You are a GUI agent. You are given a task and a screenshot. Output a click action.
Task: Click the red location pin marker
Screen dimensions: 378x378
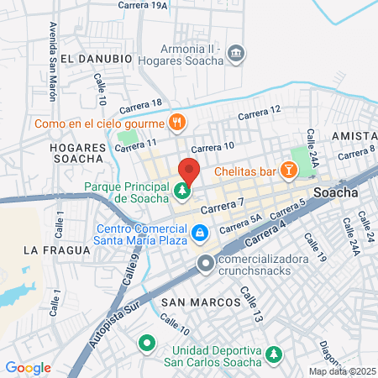coord(188,171)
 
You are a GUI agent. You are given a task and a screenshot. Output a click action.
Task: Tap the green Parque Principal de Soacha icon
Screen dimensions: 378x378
coord(182,192)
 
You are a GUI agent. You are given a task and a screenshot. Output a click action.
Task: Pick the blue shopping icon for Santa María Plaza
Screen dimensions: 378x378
coord(199,232)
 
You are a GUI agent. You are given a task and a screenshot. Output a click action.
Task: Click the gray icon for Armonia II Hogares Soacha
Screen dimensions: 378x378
coord(236,55)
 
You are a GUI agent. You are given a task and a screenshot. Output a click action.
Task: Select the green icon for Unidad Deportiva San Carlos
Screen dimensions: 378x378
coord(271,356)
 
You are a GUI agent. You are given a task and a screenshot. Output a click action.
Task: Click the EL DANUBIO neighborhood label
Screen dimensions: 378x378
coord(97,59)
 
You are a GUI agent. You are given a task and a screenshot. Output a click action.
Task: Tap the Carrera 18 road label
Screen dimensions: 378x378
coord(140,104)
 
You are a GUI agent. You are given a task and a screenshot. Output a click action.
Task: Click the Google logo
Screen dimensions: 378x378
coord(28,368)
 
